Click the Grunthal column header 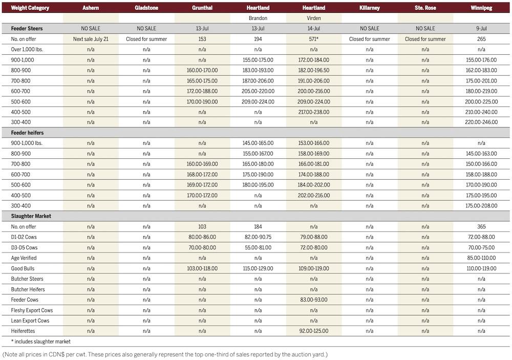pyautogui.click(x=202, y=8)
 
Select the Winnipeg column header pyautogui.click(x=481, y=8)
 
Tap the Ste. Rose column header pyautogui.click(x=425, y=8)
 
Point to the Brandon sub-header pyautogui.click(x=258, y=18)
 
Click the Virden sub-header pyautogui.click(x=313, y=18)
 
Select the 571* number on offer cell pyautogui.click(x=313, y=39)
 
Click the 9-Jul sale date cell pyautogui.click(x=481, y=29)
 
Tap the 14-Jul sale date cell pyautogui.click(x=313, y=29)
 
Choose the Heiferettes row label pyautogui.click(x=25, y=331)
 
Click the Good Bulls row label pyautogui.click(x=25, y=268)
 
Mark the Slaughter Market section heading pyautogui.click(x=31, y=216)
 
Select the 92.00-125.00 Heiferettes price pyautogui.click(x=313, y=331)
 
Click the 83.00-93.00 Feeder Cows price pyautogui.click(x=313, y=300)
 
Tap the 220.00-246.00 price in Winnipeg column pyautogui.click(x=481, y=122)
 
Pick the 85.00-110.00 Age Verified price pyautogui.click(x=481, y=258)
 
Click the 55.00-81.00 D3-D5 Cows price pyautogui.click(x=258, y=247)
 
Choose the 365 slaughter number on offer pyautogui.click(x=481, y=226)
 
